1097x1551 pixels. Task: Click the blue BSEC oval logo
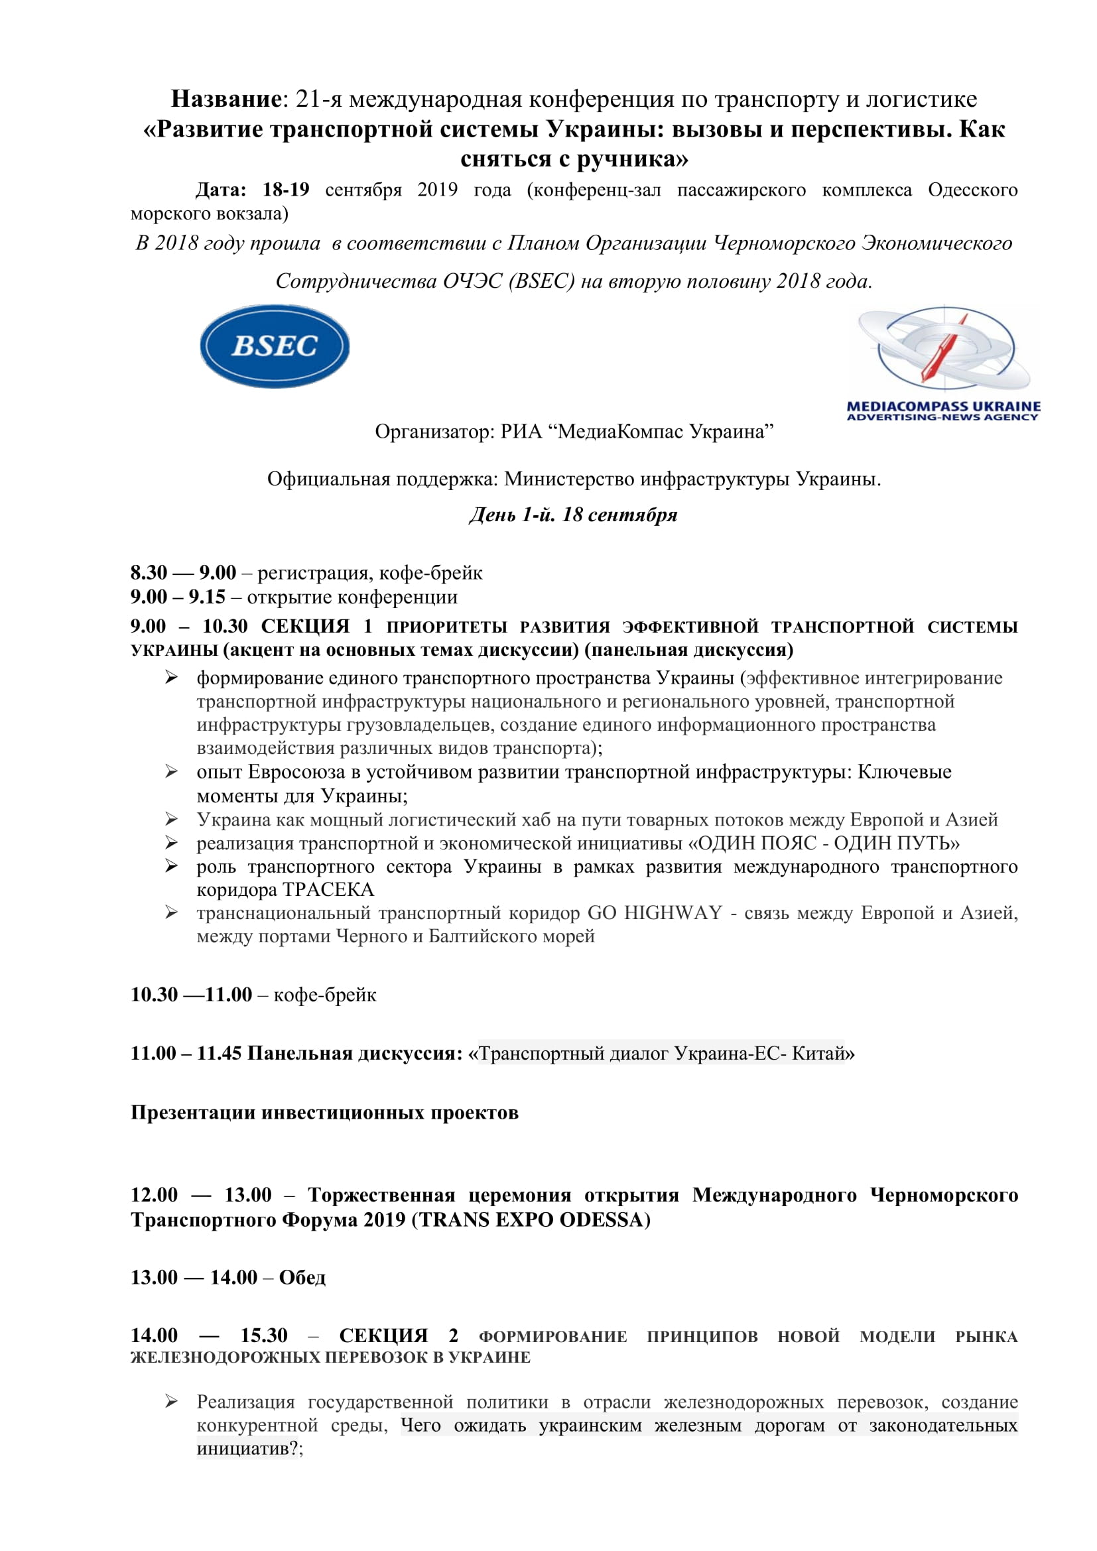pos(275,346)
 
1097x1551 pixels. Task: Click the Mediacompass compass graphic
pos(944,349)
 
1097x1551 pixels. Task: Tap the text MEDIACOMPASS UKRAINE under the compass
pos(943,406)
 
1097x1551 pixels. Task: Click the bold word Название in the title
pos(226,99)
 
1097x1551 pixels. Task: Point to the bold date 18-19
pos(286,190)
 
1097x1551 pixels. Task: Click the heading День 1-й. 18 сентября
pos(573,515)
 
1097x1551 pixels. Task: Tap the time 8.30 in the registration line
pos(149,573)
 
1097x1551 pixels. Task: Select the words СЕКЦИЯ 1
pos(316,626)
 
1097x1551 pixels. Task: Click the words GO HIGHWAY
pos(655,912)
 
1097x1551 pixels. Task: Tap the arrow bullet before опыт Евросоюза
pos(172,771)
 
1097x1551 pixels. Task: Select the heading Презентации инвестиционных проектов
pos(324,1113)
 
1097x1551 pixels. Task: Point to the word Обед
pos(302,1277)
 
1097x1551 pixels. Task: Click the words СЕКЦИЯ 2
pos(398,1335)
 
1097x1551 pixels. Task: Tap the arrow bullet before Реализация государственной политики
pos(172,1402)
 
